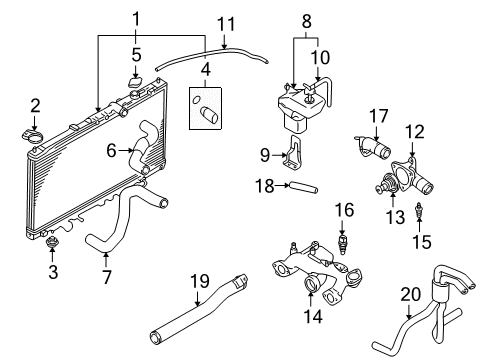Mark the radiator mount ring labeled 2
pyautogui.click(x=33, y=132)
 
